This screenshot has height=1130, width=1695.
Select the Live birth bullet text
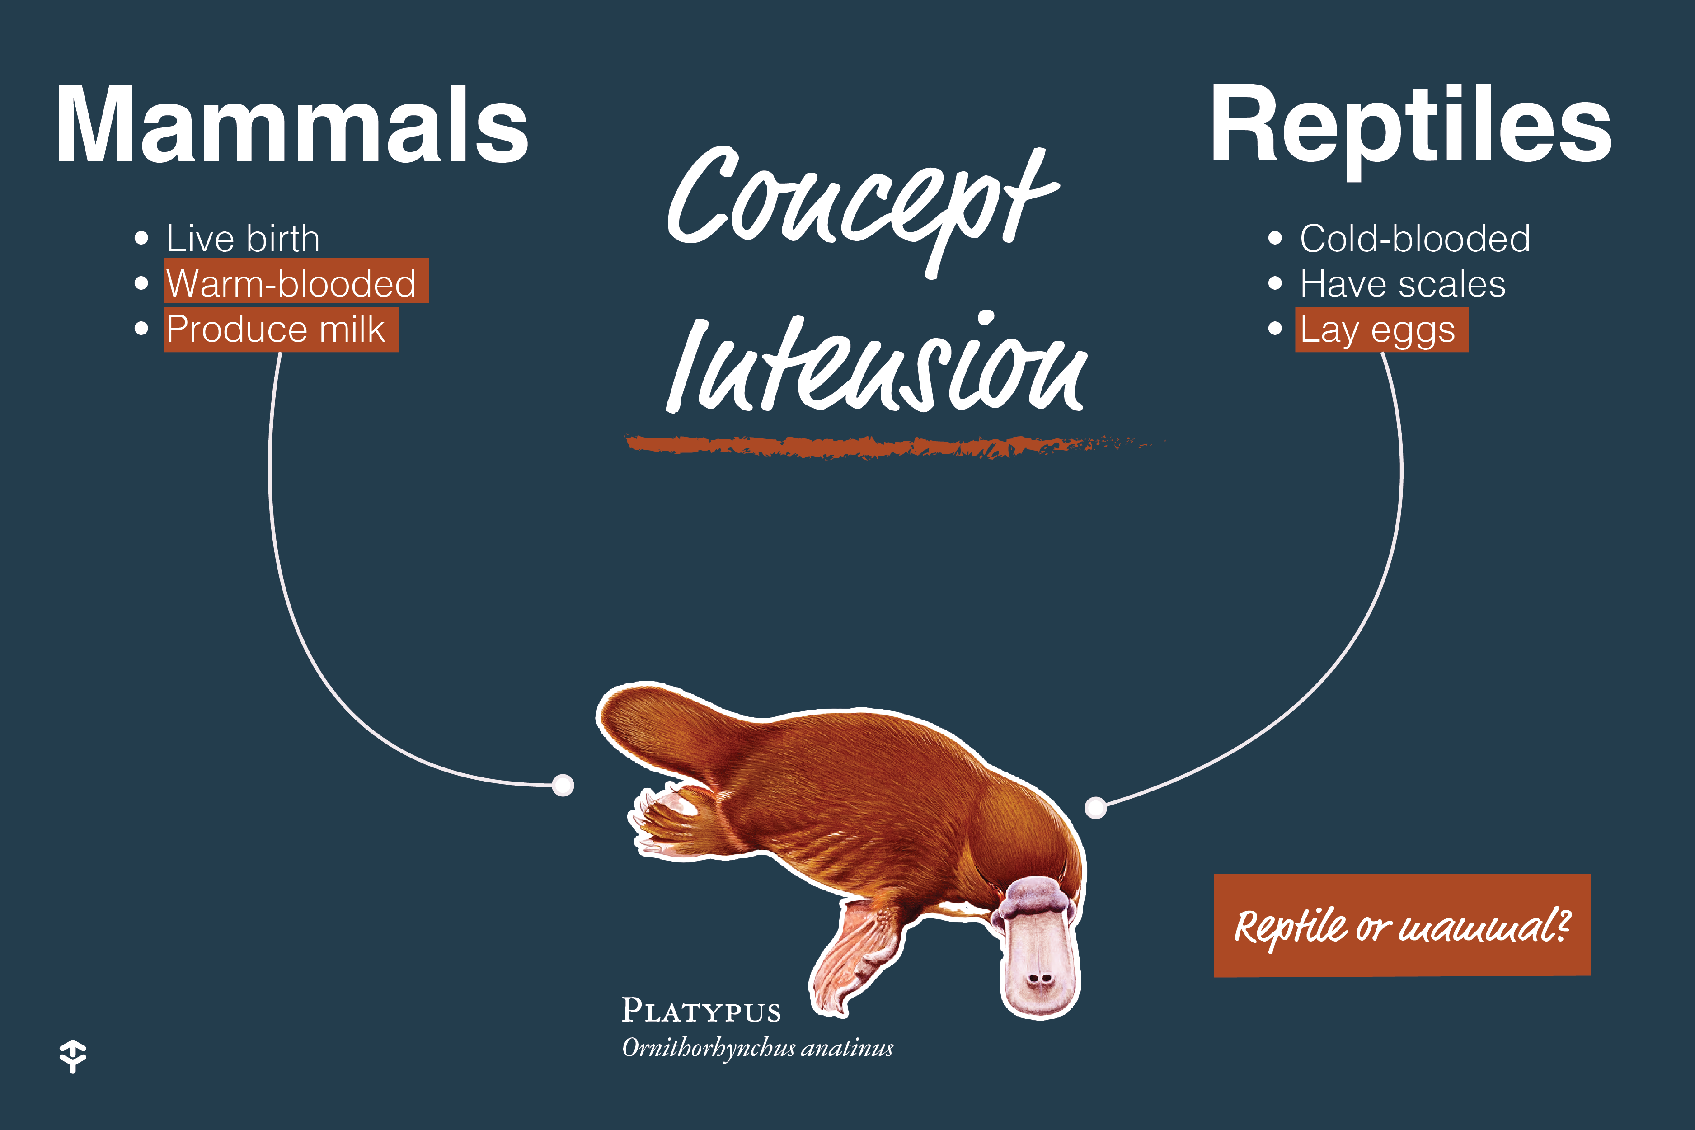(243, 239)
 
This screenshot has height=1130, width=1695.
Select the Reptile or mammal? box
(1402, 925)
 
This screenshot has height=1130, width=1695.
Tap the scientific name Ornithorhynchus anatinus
(757, 1047)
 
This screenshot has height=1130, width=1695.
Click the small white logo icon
(73, 1056)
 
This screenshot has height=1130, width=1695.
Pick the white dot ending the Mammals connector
(563, 785)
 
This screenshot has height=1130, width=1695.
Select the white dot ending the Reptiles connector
(1095, 808)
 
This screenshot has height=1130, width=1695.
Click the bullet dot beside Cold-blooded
(1274, 239)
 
